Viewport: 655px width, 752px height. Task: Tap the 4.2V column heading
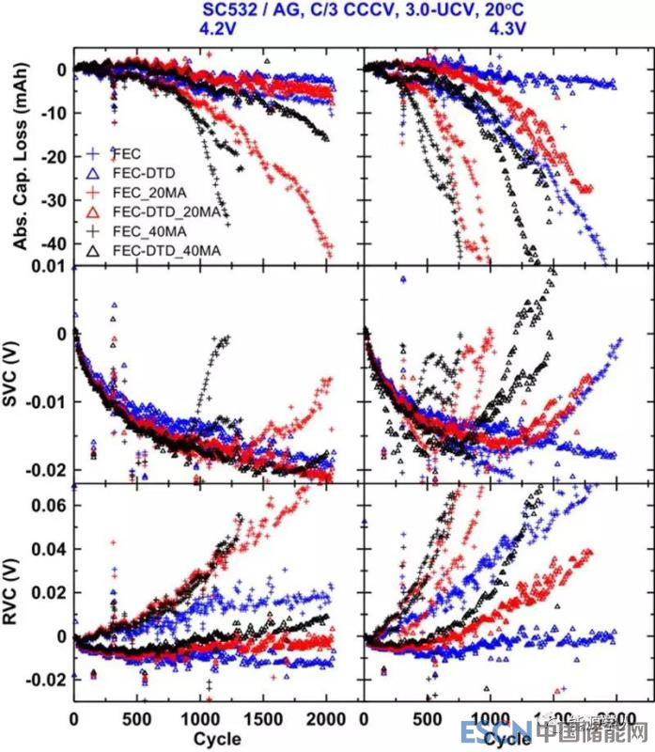[x=218, y=29]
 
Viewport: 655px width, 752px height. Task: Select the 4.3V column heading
[x=508, y=29]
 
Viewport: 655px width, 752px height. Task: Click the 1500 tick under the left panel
[x=265, y=722]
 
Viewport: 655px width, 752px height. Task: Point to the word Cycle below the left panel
[x=217, y=739]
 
